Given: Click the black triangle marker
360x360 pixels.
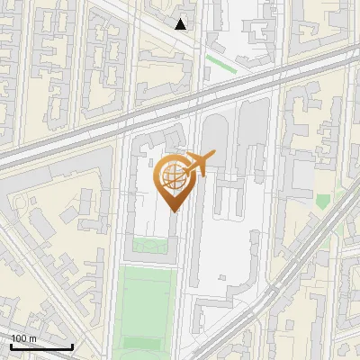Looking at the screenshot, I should pyautogui.click(x=181, y=23).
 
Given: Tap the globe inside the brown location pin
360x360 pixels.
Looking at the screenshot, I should pyautogui.click(x=173, y=177).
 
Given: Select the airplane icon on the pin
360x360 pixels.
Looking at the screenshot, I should pyautogui.click(x=198, y=164).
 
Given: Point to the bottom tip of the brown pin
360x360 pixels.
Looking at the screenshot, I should pyautogui.click(x=173, y=211).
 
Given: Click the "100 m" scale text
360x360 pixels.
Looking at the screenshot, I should pyautogui.click(x=23, y=337).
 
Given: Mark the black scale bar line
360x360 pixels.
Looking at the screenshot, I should pyautogui.click(x=41, y=346).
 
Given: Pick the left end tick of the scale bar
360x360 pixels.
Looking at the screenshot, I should pyautogui.click(x=11, y=345).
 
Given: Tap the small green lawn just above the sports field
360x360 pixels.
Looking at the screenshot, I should pyautogui.click(x=149, y=246).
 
